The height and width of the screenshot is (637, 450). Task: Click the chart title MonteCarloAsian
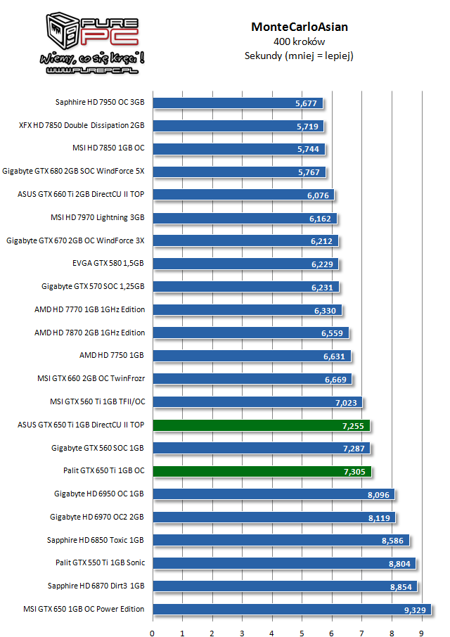[x=300, y=27]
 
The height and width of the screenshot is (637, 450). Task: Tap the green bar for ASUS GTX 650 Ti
[x=260, y=425]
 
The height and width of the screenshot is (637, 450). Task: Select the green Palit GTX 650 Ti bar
[x=262, y=471]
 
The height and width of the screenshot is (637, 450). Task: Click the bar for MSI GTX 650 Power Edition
[x=291, y=610]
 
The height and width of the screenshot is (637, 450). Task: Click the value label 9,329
[x=415, y=610]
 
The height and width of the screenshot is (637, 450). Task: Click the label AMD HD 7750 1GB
[x=112, y=356]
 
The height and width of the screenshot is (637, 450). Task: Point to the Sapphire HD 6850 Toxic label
[x=96, y=540]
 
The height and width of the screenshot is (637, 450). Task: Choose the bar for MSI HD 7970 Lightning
[x=245, y=218]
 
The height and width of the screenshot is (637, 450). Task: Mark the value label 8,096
[x=378, y=494]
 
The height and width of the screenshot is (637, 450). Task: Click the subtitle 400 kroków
[x=300, y=42]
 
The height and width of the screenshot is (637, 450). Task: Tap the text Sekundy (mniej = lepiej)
[x=300, y=56]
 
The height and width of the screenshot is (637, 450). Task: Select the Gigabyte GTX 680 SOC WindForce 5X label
[x=74, y=171]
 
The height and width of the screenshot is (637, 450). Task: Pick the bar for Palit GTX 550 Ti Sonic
[x=283, y=563]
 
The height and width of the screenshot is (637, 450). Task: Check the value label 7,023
[x=346, y=402]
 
